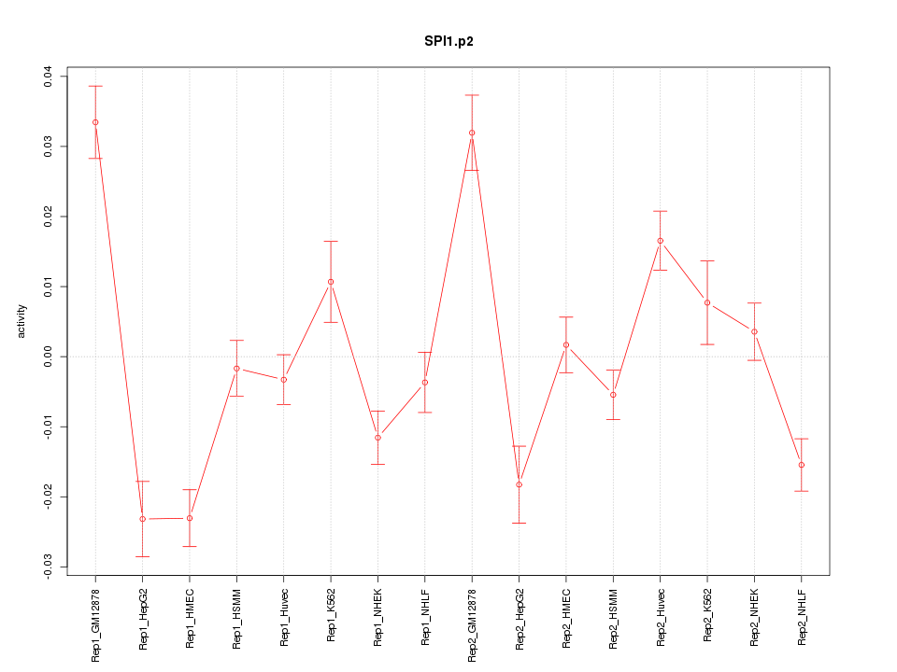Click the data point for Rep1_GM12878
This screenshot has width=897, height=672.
tap(95, 122)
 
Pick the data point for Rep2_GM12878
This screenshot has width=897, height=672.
tap(472, 133)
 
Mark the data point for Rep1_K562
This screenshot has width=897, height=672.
tap(331, 282)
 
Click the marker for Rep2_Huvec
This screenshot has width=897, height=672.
tap(661, 241)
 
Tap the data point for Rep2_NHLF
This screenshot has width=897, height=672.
tap(802, 465)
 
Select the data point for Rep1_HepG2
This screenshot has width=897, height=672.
tap(143, 519)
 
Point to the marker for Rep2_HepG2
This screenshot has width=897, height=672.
tap(520, 484)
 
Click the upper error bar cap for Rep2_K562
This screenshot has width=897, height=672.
tap(707, 261)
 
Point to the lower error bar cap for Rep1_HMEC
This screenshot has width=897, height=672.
tap(190, 546)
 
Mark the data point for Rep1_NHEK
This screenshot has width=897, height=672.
tap(377, 438)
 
